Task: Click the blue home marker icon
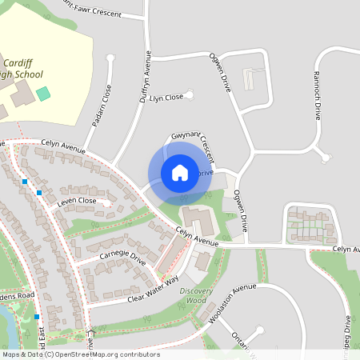tap(180, 172)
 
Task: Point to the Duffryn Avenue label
tap(146, 77)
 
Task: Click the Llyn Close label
tap(167, 97)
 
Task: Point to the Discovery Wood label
tap(196, 295)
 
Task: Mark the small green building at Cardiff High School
tap(43, 94)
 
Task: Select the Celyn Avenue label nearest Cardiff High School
tap(63, 142)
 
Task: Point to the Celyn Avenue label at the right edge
tap(346, 250)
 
